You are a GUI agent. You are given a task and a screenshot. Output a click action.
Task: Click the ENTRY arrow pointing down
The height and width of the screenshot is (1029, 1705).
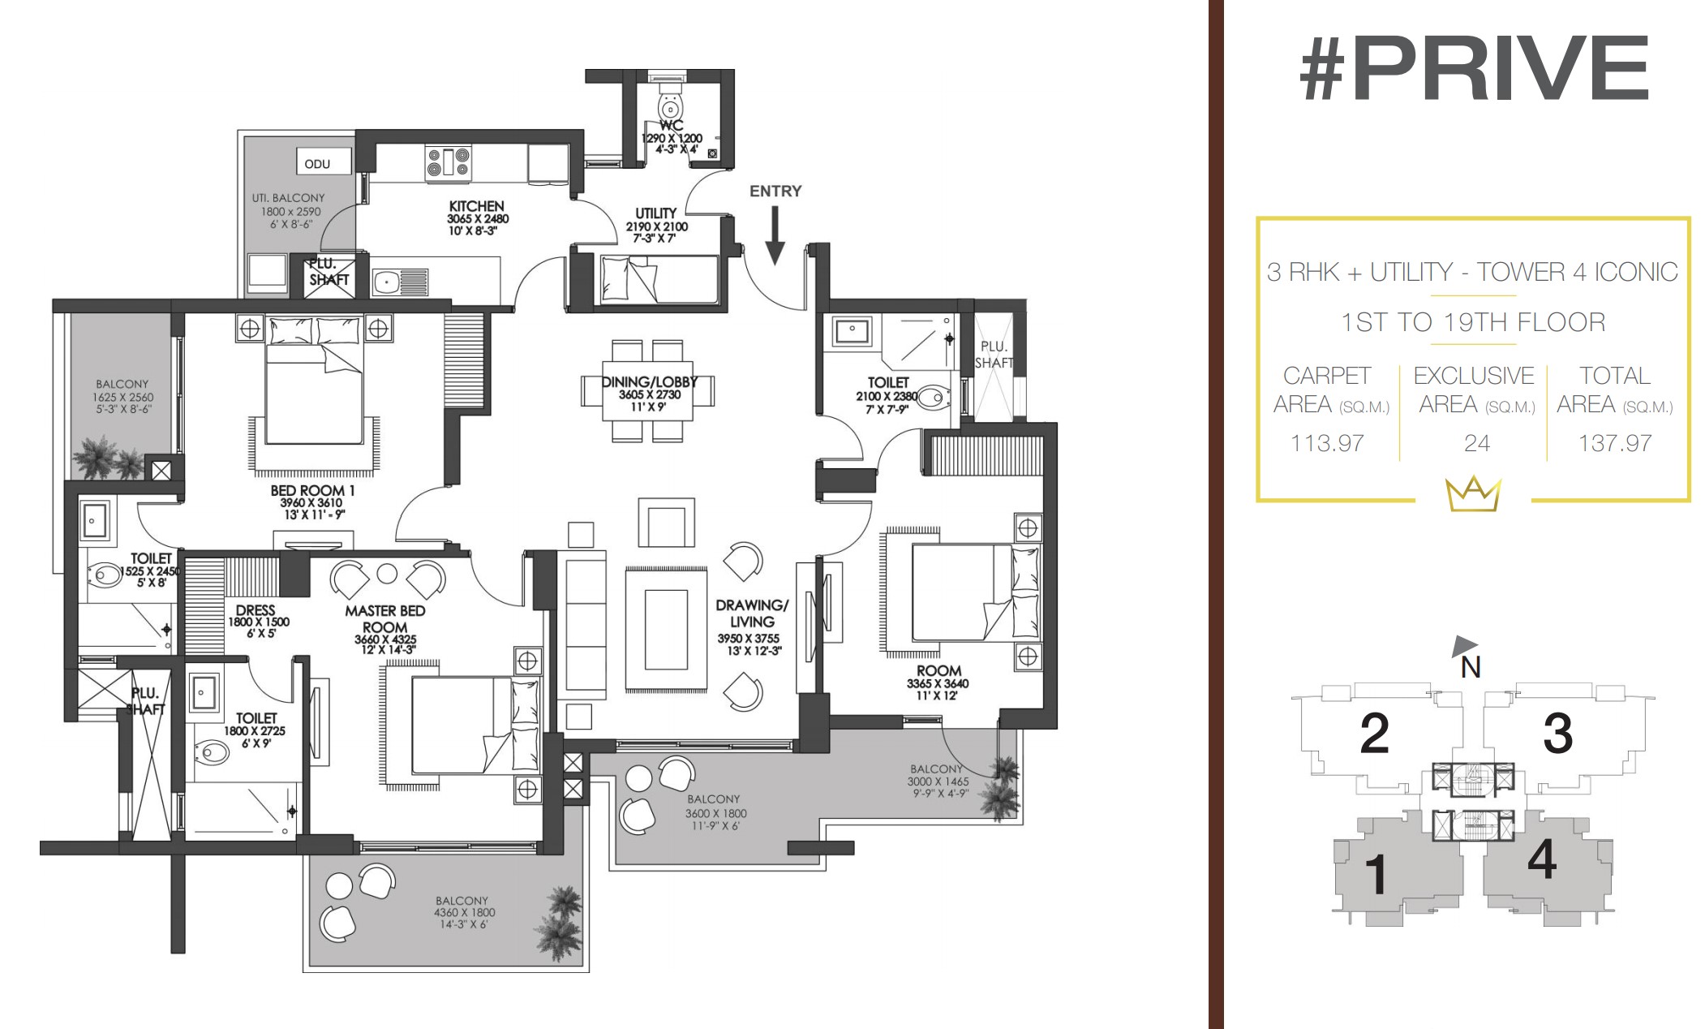[x=775, y=235]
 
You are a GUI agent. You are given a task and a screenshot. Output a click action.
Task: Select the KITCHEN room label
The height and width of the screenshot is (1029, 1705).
[x=477, y=206]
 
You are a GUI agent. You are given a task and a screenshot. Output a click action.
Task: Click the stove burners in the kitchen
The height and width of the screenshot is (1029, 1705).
[x=449, y=161]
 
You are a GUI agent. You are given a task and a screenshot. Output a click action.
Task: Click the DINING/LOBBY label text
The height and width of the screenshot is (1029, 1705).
[x=649, y=381]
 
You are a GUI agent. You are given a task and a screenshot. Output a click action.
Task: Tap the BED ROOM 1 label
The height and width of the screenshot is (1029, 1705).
[x=312, y=490]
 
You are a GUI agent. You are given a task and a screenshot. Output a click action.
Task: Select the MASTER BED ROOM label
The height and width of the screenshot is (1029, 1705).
[x=385, y=618]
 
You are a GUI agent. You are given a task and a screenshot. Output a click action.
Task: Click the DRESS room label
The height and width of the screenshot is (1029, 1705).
[x=256, y=610]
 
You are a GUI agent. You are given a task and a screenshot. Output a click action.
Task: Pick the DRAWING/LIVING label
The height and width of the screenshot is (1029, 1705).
[x=752, y=613]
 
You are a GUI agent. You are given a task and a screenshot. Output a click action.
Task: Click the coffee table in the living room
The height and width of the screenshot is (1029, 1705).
[x=666, y=629]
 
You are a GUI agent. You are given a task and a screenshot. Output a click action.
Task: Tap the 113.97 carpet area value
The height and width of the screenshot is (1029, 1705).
[x=1327, y=443]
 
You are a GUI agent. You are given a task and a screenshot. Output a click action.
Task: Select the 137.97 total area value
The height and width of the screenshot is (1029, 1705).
[x=1615, y=443]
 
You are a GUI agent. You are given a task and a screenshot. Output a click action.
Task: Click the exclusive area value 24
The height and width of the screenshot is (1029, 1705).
[x=1476, y=443]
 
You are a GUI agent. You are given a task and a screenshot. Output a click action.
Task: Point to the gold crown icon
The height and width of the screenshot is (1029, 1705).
[x=1473, y=494]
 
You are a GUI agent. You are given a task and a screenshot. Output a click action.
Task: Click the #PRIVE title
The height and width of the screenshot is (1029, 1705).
[x=1474, y=68]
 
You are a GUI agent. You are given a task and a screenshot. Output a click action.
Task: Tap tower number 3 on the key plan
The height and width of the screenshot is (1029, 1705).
[x=1557, y=734]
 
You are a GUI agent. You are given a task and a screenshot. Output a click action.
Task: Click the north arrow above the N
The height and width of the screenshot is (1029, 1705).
[x=1464, y=645]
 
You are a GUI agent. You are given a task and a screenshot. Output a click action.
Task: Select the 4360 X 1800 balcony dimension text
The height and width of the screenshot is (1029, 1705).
[x=464, y=912]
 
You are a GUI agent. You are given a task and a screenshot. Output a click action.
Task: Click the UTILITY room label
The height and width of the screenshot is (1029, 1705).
[x=656, y=213]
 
